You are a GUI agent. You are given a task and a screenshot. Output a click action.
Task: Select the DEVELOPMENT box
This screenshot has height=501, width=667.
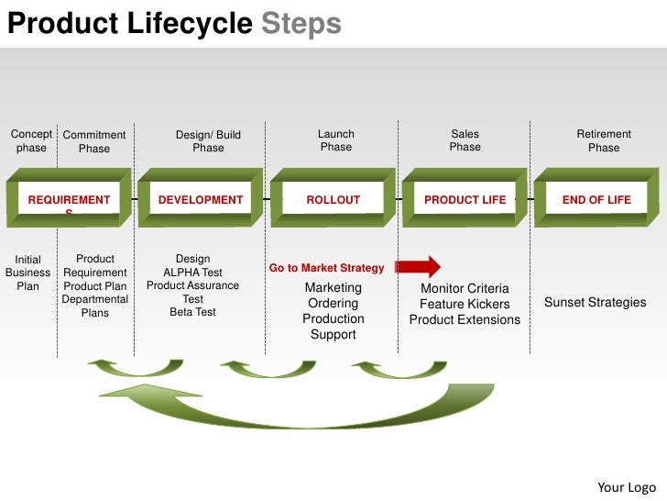(201, 199)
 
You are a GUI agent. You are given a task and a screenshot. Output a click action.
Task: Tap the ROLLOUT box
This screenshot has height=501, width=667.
(333, 199)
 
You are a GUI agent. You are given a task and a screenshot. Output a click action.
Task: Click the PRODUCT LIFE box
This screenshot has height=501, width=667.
(465, 199)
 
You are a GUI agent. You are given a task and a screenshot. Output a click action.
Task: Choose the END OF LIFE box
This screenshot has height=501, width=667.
(596, 199)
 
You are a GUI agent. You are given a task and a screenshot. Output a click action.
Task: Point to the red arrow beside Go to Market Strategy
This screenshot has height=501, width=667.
(418, 267)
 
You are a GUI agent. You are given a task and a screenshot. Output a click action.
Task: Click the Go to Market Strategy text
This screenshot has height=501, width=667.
(326, 268)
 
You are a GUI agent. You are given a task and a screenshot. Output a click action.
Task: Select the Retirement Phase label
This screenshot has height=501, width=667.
(604, 140)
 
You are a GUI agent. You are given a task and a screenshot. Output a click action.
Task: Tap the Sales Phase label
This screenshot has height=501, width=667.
(465, 140)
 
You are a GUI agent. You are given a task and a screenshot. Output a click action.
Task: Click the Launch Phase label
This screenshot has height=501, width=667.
(336, 140)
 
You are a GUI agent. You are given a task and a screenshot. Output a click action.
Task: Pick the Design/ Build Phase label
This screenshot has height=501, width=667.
(208, 141)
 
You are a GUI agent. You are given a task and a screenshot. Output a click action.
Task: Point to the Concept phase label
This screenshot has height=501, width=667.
(31, 140)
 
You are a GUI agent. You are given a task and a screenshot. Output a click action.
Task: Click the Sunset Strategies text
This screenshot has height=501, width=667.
(595, 303)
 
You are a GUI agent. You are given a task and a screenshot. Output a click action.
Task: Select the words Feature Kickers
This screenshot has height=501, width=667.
(465, 304)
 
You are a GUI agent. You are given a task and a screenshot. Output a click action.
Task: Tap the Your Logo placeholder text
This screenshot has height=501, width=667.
(627, 486)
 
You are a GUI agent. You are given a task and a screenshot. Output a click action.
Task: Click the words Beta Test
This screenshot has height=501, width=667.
(193, 312)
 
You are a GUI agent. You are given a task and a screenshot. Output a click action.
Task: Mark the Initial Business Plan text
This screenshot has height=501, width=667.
(28, 273)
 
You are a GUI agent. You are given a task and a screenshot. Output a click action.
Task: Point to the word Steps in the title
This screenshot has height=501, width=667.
(301, 23)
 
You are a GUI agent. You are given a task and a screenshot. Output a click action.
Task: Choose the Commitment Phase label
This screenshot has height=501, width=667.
(94, 142)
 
